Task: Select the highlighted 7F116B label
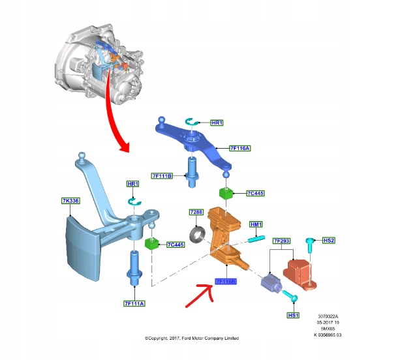(x=225, y=282)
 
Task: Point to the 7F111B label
(x=162, y=176)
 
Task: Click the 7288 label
(x=196, y=213)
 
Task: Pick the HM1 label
(x=256, y=224)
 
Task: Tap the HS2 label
(x=329, y=241)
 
